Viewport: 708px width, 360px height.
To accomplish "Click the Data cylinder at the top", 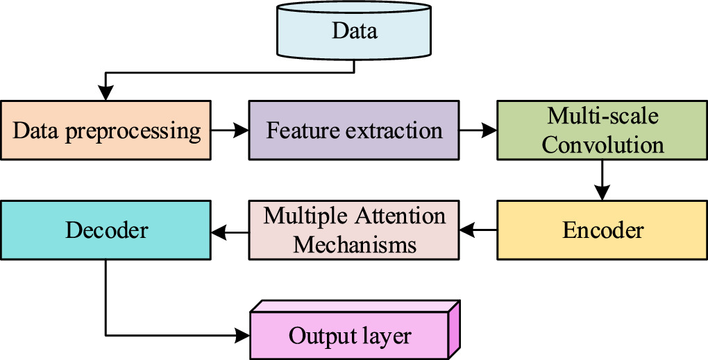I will tap(354, 31).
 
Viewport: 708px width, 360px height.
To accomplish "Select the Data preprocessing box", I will tap(106, 130).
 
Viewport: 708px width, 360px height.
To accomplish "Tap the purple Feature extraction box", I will tap(354, 130).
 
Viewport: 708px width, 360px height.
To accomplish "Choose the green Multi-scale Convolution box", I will tap(602, 130).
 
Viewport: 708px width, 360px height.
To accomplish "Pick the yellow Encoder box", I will tap(602, 230).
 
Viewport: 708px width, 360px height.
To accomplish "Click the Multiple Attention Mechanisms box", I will tap(354, 230).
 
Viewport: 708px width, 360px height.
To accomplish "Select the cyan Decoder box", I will tap(106, 230).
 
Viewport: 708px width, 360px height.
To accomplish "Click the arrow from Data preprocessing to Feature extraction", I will tap(229, 130).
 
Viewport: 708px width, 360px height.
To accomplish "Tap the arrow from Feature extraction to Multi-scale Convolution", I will tap(478, 130).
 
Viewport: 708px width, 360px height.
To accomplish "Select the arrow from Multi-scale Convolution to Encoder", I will tap(602, 180).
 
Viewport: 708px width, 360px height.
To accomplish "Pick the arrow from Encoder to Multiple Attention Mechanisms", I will tap(478, 230).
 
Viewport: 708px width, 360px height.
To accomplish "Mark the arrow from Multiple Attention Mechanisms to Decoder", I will tap(229, 230).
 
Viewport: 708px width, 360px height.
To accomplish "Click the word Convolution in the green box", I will tap(602, 145).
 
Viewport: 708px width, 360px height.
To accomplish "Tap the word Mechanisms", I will tap(354, 245).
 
